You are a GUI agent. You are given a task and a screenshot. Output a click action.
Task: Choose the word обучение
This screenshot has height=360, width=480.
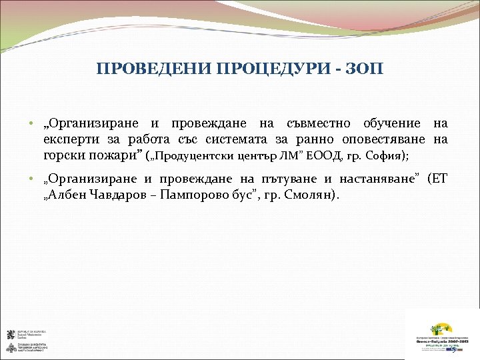click(391, 124)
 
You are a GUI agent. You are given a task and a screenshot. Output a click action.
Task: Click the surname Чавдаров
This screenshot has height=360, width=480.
click(118, 195)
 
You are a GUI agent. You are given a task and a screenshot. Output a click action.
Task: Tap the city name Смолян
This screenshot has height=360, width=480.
click(313, 195)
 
